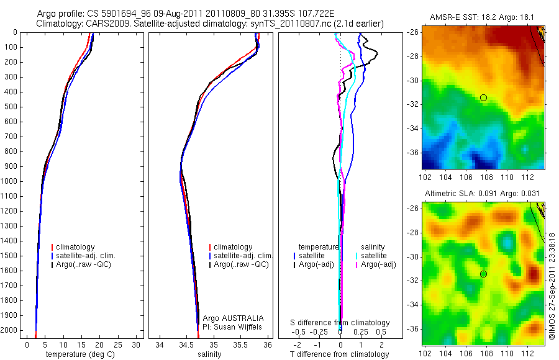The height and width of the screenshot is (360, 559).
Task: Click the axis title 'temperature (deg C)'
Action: pyautogui.click(x=81, y=354)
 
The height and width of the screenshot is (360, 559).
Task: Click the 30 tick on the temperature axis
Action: pyautogui.click(x=137, y=344)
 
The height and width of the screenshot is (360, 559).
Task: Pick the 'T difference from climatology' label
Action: pyautogui.click(x=339, y=354)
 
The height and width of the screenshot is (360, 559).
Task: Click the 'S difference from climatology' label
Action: pyautogui.click(x=340, y=323)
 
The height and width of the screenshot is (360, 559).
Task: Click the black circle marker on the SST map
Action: pyautogui.click(x=483, y=97)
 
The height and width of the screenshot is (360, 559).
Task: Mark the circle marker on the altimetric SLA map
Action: pyautogui.click(x=483, y=274)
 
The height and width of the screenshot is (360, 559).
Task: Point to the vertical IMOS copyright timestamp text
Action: pyautogui.click(x=552, y=285)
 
